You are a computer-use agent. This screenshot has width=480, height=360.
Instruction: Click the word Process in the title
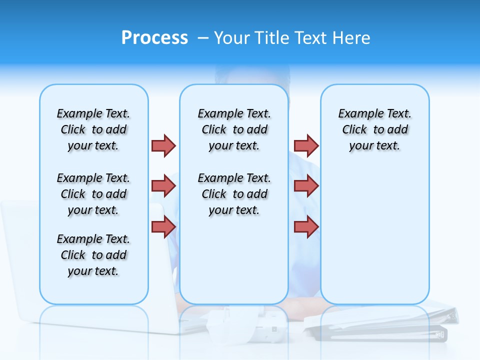pos(154,38)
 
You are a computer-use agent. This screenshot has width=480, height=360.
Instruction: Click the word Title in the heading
pos(273,38)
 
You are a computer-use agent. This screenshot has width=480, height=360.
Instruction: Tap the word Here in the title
pos(352,38)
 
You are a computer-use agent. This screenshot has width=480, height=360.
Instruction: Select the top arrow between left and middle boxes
pos(163,145)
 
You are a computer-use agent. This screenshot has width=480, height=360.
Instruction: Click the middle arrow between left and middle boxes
pos(163,186)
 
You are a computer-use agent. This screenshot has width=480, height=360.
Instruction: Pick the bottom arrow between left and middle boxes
pos(163,226)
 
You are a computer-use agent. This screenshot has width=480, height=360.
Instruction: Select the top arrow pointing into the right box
pos(306,145)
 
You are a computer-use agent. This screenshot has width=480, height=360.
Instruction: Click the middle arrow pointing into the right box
pos(306,186)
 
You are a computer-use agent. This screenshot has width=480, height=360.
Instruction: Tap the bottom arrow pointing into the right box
pos(306,226)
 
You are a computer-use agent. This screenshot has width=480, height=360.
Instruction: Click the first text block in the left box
pos(93,129)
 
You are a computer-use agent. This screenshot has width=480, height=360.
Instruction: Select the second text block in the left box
pos(93,194)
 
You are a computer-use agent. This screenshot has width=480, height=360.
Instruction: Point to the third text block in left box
pos(93,255)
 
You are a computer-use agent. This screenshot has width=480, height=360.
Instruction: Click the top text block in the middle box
pos(234,129)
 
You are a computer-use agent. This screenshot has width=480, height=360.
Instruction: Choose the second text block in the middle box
pos(234,194)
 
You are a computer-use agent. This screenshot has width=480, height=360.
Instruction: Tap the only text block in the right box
pos(375,129)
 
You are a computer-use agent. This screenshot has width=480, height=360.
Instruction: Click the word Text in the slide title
pos(311,38)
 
